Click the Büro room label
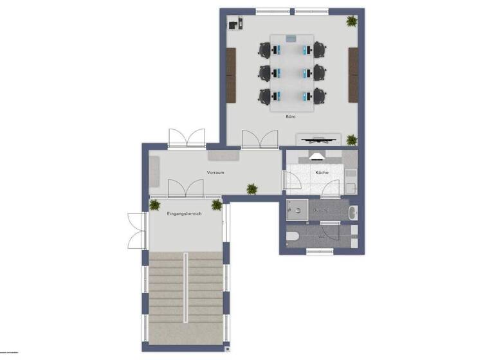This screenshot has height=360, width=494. coord(291,117)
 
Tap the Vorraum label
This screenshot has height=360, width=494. coord(215,173)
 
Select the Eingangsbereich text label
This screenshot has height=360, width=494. coord(185,213)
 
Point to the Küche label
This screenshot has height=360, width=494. coord(322,173)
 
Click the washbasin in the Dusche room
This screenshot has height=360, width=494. coord(353,211)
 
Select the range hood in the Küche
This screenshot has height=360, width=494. coord(318,154)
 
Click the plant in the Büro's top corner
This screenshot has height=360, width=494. coord(351,21)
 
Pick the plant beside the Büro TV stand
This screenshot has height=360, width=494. coord(351,139)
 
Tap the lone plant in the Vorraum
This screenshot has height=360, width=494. coord(252,189)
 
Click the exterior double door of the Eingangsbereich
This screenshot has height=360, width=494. coord(136,230)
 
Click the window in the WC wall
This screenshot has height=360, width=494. coord(319,251)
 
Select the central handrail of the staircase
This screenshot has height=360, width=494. coord(186,290)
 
